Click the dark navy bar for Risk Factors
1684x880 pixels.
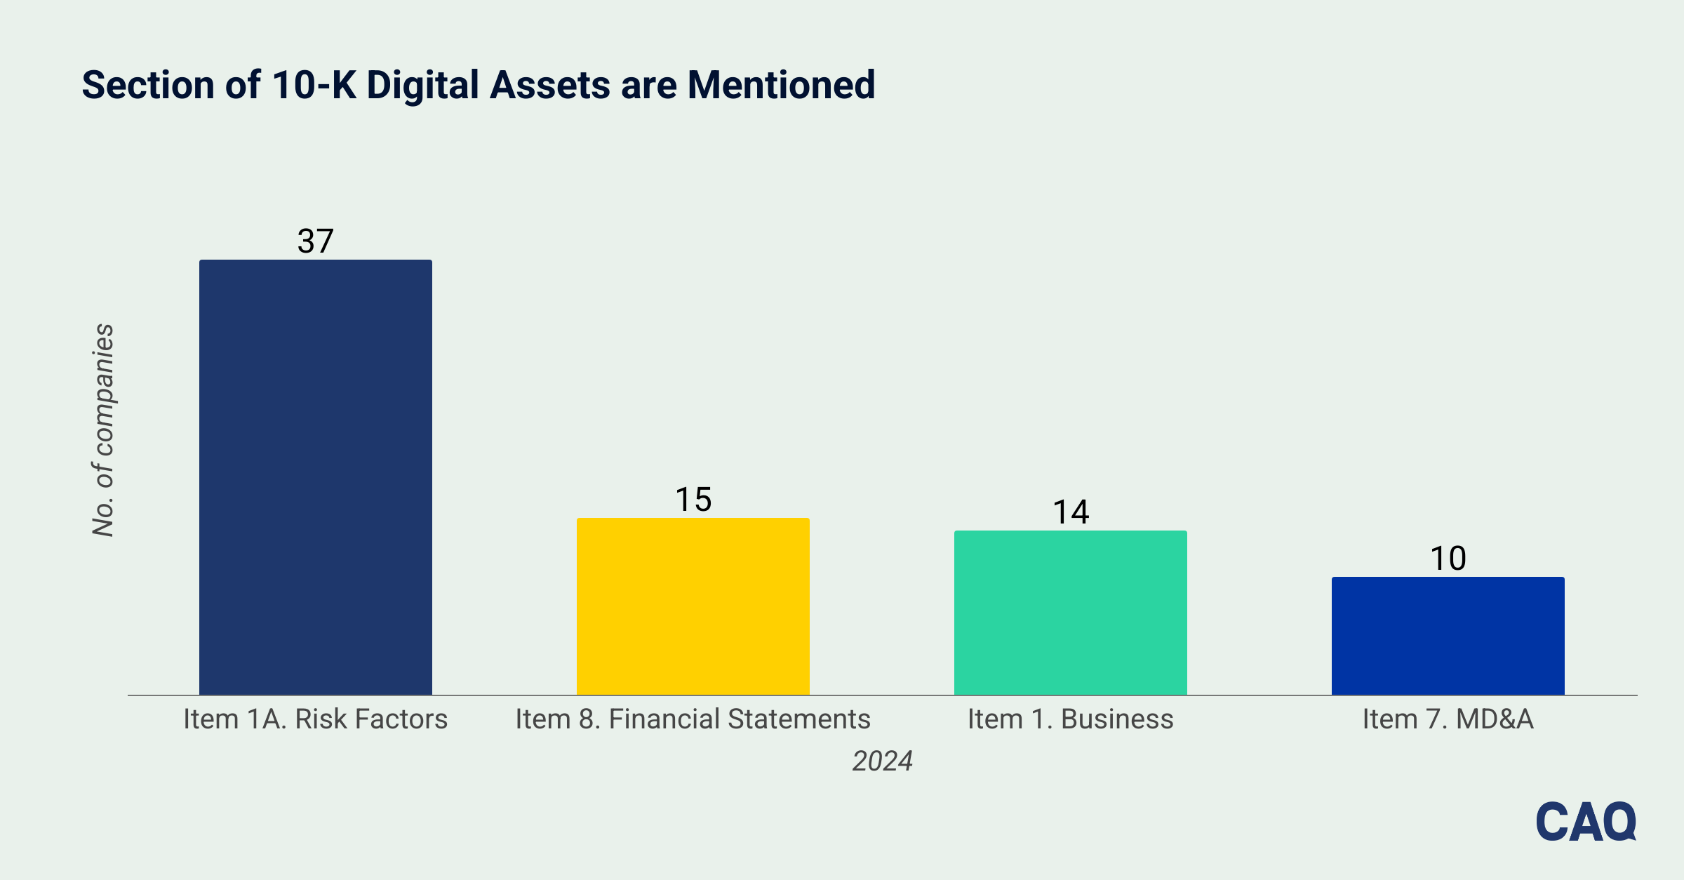point(316,477)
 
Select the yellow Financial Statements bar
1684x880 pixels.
point(693,606)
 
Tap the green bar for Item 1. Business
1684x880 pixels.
point(1071,613)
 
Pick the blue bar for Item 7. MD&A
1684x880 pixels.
point(1448,636)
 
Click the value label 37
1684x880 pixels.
point(316,241)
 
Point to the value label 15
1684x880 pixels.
point(693,500)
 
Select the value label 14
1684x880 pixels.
point(1071,512)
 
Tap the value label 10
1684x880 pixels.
point(1448,559)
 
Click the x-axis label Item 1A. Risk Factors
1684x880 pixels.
point(316,719)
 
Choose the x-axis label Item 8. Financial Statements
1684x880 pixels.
point(693,719)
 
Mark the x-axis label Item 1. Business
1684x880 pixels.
point(1071,719)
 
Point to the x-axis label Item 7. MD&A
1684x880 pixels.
point(1448,719)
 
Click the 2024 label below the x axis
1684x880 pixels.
point(883,761)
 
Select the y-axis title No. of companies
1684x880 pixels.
point(104,430)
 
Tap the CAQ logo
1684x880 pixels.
point(1586,821)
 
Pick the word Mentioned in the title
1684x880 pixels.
point(781,85)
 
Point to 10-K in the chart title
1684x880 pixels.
point(314,85)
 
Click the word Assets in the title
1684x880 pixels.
point(550,85)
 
